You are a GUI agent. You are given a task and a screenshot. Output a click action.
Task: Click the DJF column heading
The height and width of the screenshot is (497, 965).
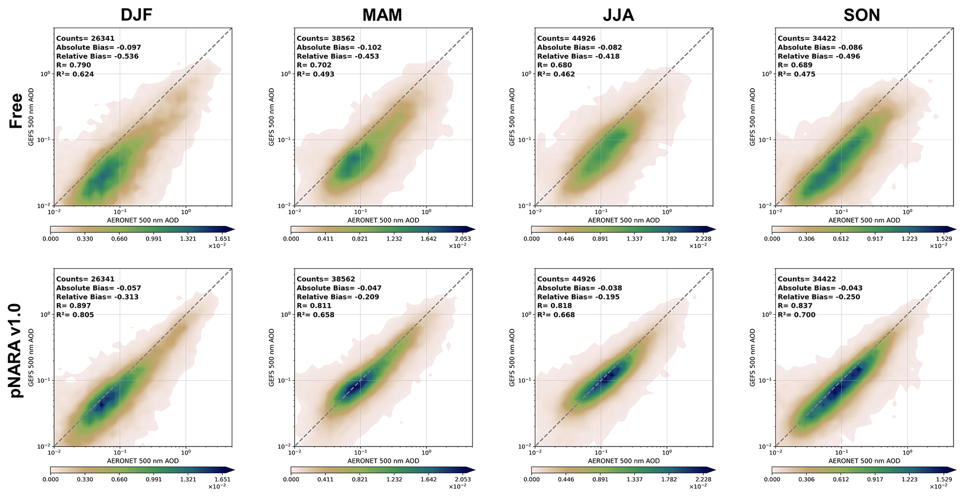(136, 15)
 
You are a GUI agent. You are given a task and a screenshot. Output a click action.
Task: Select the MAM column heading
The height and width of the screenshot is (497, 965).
(382, 15)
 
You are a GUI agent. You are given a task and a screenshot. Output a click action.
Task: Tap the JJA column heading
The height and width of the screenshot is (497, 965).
(619, 15)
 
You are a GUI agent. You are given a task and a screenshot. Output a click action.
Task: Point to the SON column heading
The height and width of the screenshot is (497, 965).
(861, 15)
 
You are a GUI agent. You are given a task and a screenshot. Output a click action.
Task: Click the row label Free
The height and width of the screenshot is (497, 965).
(16, 111)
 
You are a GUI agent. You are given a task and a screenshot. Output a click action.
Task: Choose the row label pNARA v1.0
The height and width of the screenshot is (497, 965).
(16, 350)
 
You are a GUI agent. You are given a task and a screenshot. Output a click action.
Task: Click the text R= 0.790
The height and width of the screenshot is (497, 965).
(73, 65)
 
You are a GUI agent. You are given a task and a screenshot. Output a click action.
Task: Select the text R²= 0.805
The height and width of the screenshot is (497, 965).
(75, 315)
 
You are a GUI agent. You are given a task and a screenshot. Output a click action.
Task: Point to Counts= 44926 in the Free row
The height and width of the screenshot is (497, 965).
(566, 39)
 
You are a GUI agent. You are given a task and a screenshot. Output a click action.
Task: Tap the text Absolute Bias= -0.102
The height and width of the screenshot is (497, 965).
(339, 48)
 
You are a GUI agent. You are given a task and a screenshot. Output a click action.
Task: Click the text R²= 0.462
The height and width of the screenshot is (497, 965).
(556, 74)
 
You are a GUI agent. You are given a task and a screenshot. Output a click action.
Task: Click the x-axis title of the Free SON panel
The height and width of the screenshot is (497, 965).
(864, 220)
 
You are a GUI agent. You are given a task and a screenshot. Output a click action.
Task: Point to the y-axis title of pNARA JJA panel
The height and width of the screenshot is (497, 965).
(512, 357)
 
